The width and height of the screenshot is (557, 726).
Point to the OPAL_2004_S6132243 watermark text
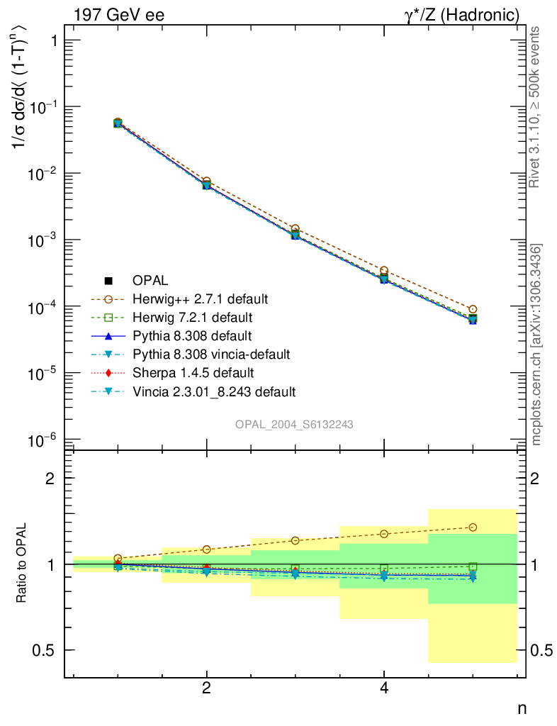(x=294, y=423)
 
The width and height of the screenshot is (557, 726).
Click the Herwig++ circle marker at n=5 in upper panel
(x=473, y=309)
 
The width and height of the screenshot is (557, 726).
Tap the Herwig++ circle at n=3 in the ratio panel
(x=295, y=540)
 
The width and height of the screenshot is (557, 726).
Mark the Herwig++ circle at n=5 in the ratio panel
(x=473, y=527)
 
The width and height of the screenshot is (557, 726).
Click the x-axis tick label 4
(x=383, y=688)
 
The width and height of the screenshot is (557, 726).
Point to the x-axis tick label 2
(x=206, y=688)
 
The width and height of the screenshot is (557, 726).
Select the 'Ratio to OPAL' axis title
(x=23, y=564)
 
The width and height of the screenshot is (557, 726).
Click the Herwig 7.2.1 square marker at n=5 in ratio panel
(x=473, y=566)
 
